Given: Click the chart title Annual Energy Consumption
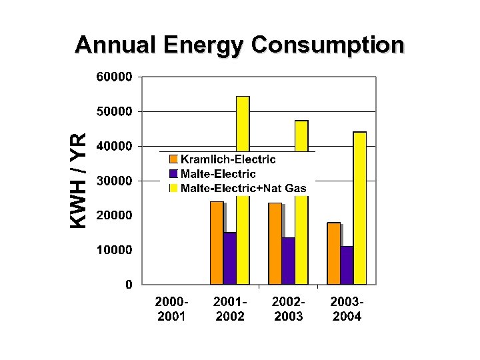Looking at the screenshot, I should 239,45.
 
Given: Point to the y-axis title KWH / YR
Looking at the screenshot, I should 79,180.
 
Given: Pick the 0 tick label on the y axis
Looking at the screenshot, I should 128,285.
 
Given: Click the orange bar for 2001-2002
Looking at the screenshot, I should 217,243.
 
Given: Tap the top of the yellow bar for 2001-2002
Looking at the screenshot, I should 243,98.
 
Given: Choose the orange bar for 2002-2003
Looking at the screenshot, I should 275,243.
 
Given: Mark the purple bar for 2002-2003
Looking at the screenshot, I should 288,261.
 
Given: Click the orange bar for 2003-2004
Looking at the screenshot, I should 333,253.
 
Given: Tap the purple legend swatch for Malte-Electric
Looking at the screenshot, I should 173,174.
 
